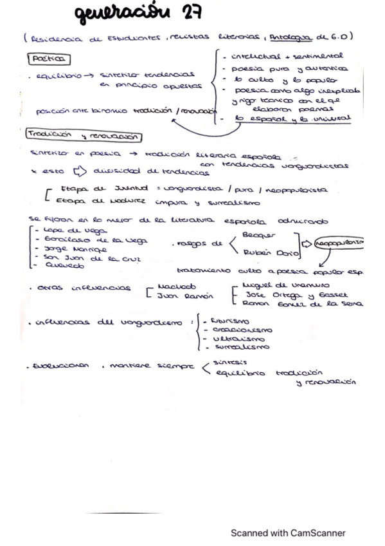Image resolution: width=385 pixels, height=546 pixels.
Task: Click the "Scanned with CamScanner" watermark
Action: [288, 533]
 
